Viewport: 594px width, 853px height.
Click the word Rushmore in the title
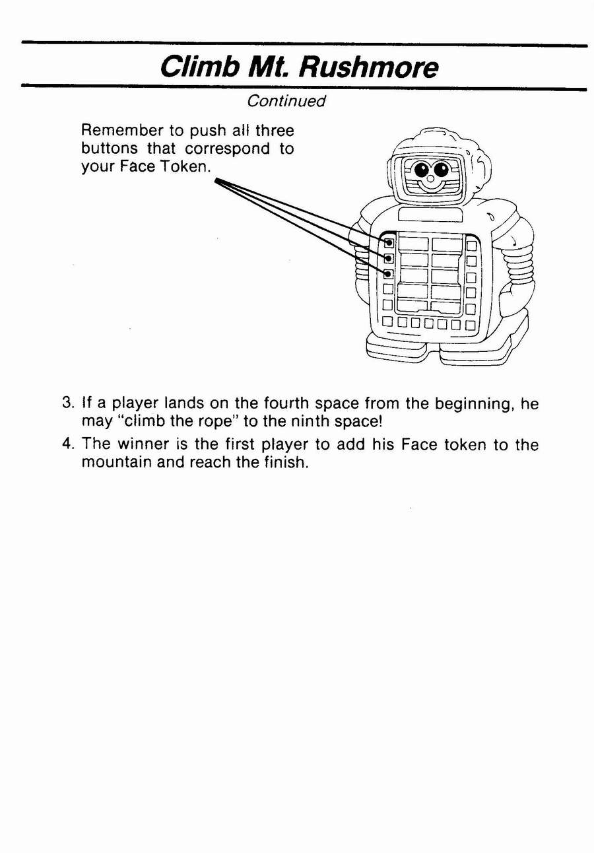coord(368,67)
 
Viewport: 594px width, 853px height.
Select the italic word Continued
coord(286,101)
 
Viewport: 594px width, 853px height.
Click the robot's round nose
coord(430,179)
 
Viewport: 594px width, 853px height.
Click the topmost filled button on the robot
coord(388,242)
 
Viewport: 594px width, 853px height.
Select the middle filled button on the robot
coord(388,259)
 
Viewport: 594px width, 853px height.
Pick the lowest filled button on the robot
coord(388,274)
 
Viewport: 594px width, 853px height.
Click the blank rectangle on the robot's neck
coord(431,215)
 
